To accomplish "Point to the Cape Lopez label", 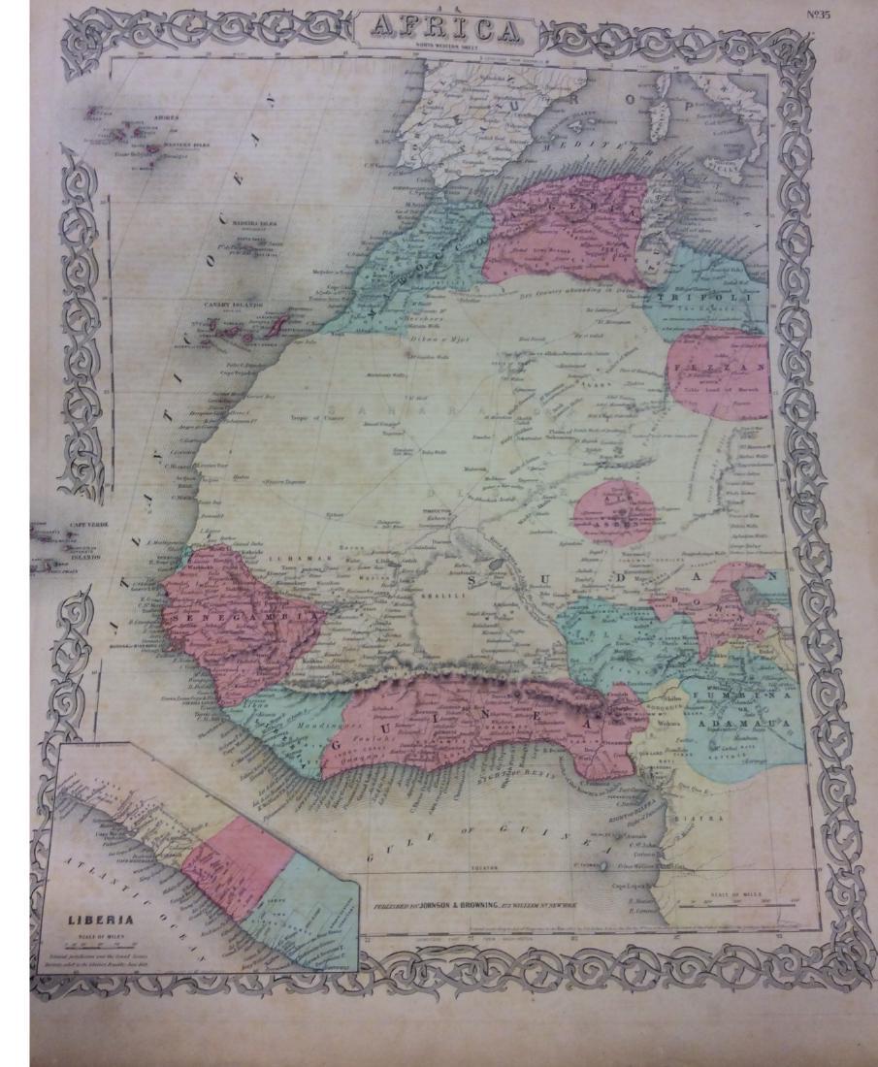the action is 631,884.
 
